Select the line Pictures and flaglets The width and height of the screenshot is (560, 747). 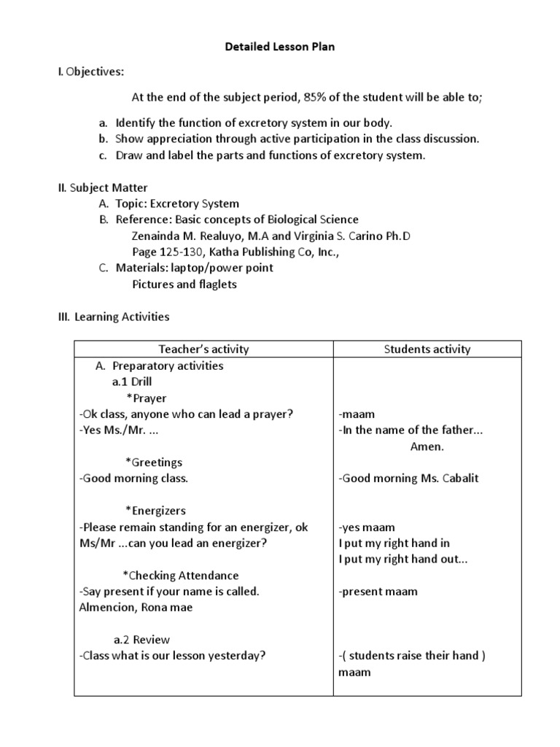(184, 284)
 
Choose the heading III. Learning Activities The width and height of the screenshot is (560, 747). (114, 317)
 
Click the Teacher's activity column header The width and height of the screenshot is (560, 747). (204, 349)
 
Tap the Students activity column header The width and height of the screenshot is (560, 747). (427, 349)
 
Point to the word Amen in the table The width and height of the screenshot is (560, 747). (427, 446)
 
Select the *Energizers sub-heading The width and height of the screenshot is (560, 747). (155, 511)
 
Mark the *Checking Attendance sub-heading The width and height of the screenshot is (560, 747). (182, 576)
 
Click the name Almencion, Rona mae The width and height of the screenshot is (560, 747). (136, 608)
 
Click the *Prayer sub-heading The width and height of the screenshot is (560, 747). (146, 398)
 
